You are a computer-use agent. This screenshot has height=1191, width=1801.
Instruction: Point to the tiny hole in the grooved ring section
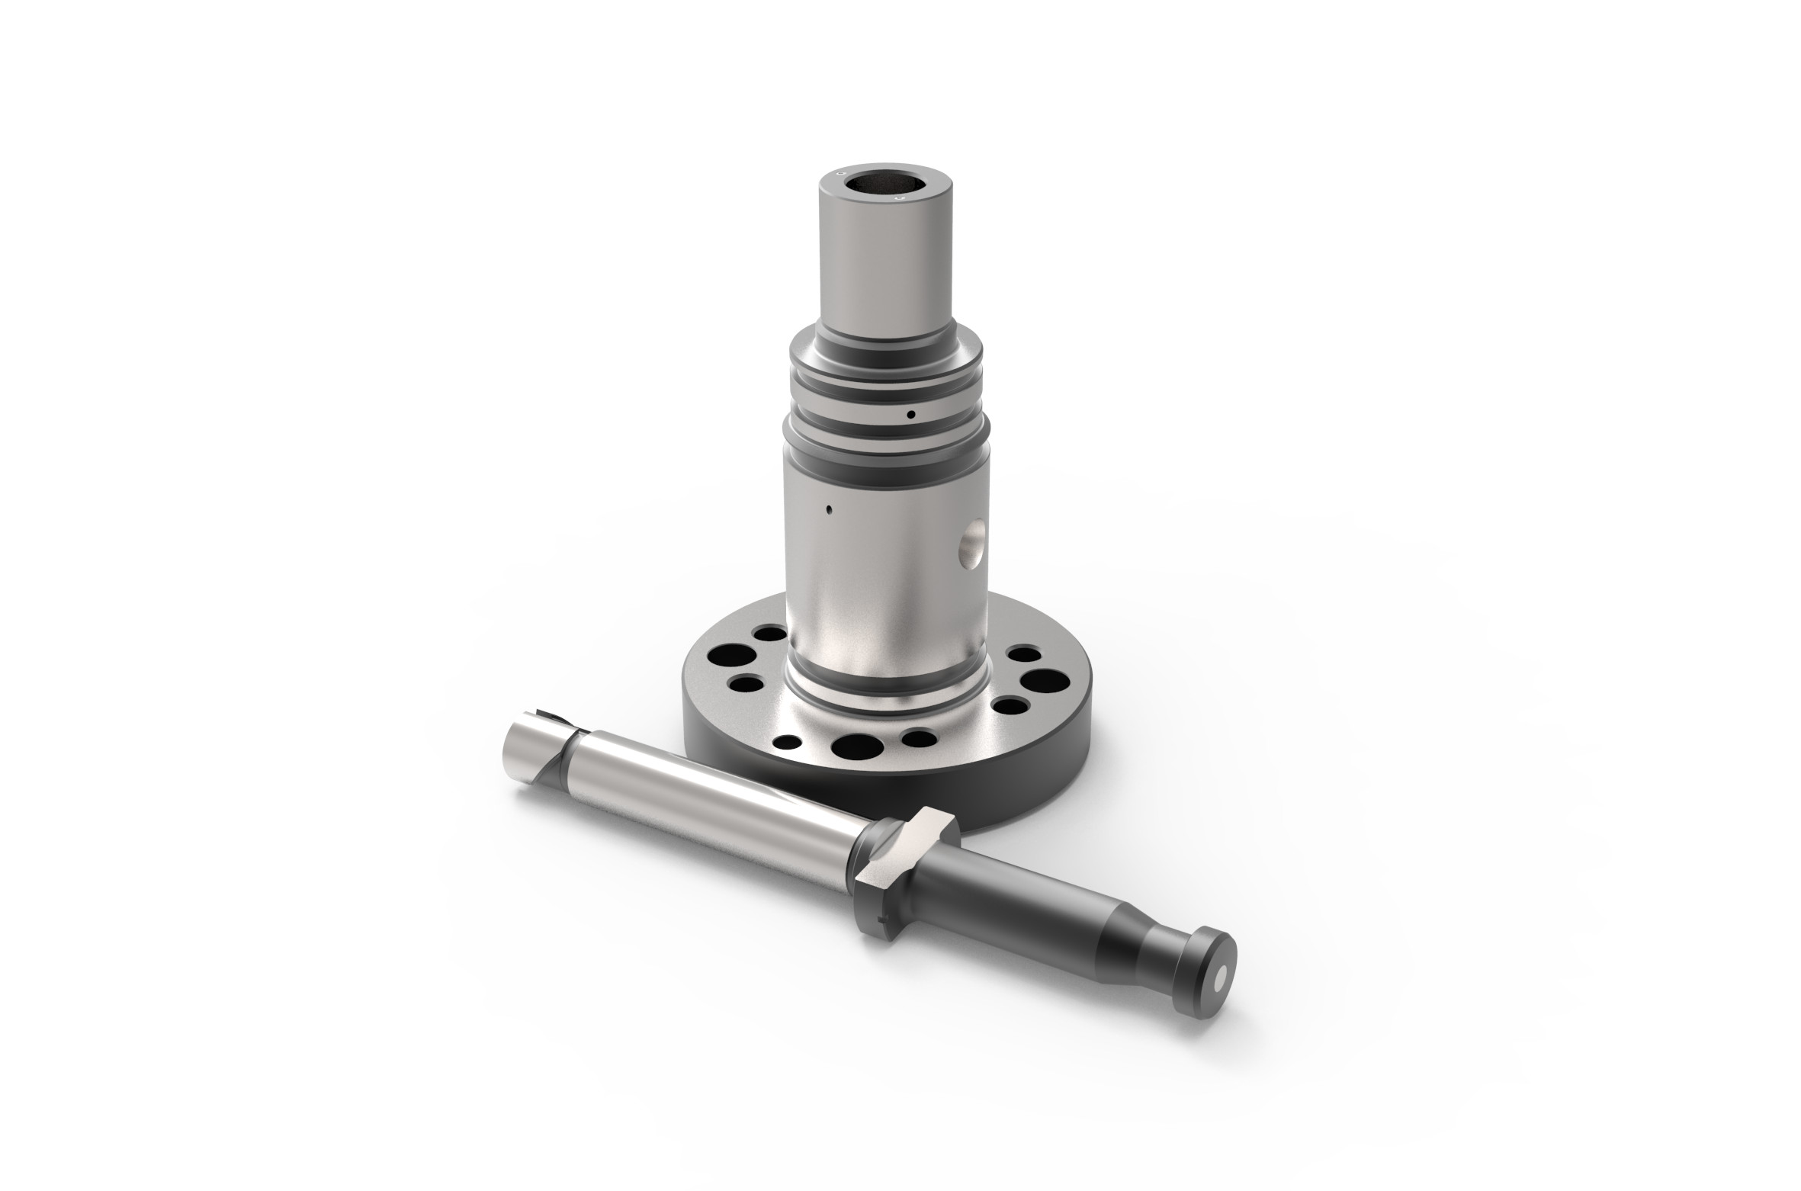(910, 415)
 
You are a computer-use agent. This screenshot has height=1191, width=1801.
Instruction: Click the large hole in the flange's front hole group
(857, 746)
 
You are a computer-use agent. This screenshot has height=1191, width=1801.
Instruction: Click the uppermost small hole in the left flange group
(768, 633)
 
